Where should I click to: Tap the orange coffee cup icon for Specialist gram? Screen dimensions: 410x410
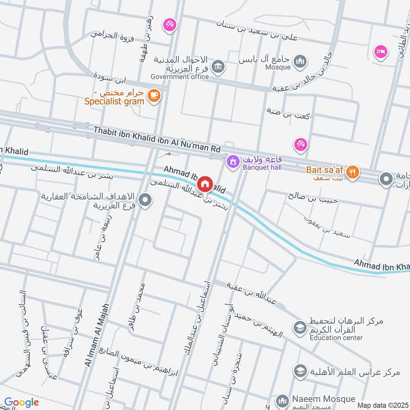153,95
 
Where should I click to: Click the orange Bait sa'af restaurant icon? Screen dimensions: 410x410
352,172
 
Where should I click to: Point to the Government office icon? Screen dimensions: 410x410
218,67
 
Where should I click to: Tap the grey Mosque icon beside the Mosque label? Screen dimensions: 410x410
300,62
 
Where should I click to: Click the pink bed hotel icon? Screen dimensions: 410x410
380,51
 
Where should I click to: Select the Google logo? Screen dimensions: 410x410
21,402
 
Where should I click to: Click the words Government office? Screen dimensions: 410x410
179,77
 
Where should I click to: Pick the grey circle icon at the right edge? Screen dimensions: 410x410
385,179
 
